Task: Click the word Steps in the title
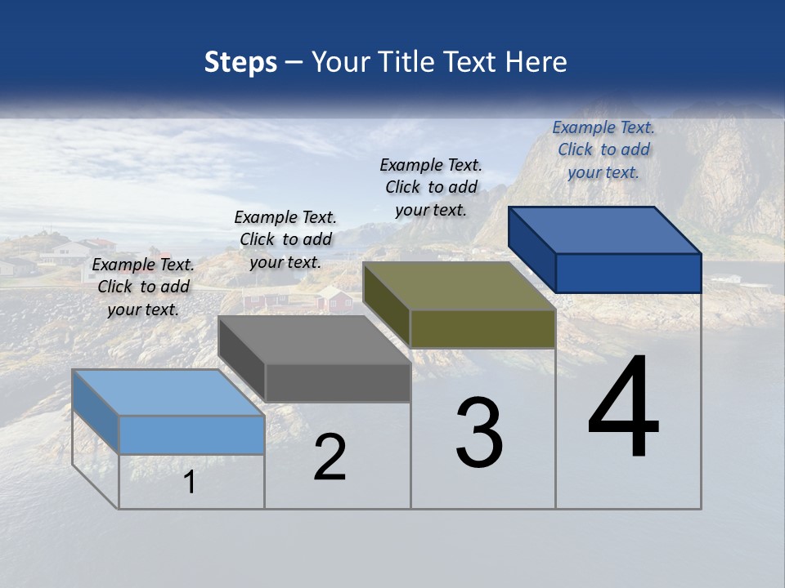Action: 240,62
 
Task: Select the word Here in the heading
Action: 536,62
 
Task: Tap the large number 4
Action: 623,408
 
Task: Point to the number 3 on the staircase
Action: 478,433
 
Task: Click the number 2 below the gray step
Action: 330,458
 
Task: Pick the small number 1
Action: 189,483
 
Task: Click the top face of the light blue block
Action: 168,393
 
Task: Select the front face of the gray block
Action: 338,383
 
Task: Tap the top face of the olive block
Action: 459,287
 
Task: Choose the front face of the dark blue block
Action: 628,273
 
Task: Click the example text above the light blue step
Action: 143,287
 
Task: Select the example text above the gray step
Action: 285,239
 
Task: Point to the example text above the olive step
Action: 431,187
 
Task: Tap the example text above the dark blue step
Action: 603,149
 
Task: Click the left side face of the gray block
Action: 242,358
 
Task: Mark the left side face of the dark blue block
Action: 532,248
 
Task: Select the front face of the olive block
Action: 482,329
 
